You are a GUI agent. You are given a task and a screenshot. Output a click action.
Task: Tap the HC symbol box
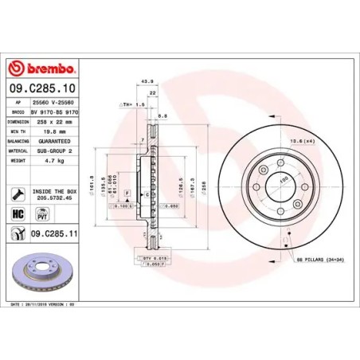tap(17, 214)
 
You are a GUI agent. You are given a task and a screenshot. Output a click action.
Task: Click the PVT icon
tap(44, 214)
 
